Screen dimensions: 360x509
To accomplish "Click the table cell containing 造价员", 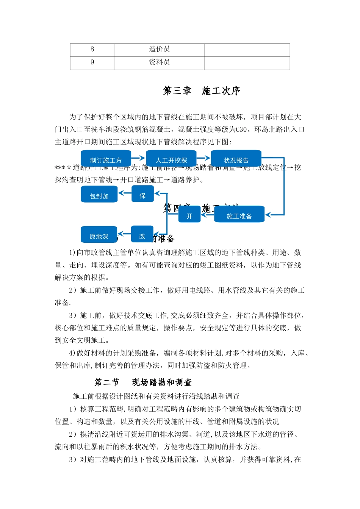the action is [159, 50].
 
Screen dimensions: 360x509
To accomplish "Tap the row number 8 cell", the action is [92, 50].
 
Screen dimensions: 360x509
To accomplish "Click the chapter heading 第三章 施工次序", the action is [202, 91].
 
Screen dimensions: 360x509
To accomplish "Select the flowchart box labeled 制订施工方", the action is [106, 159].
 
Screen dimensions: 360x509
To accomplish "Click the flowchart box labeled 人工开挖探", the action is [171, 159].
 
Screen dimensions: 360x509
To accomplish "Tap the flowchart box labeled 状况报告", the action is [236, 159].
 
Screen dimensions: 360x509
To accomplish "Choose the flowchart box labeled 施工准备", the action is [239, 215].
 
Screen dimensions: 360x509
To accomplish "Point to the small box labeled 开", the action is [189, 215].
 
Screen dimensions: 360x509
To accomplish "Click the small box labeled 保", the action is [142, 195].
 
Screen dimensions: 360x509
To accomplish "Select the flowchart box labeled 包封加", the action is [99, 195].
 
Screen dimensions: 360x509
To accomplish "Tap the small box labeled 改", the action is [142, 235].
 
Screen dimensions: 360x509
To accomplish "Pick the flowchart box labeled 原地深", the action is [99, 236].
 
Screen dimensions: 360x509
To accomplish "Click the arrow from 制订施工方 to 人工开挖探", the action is [138, 158].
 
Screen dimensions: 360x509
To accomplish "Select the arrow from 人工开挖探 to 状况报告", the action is [204, 158].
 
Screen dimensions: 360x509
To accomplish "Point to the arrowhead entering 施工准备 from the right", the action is [268, 215].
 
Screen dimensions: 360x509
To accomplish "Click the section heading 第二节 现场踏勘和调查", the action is [143, 383].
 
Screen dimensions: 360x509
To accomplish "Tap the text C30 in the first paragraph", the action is [242, 130].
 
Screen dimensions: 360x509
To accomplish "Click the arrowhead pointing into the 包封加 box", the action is [121, 193].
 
